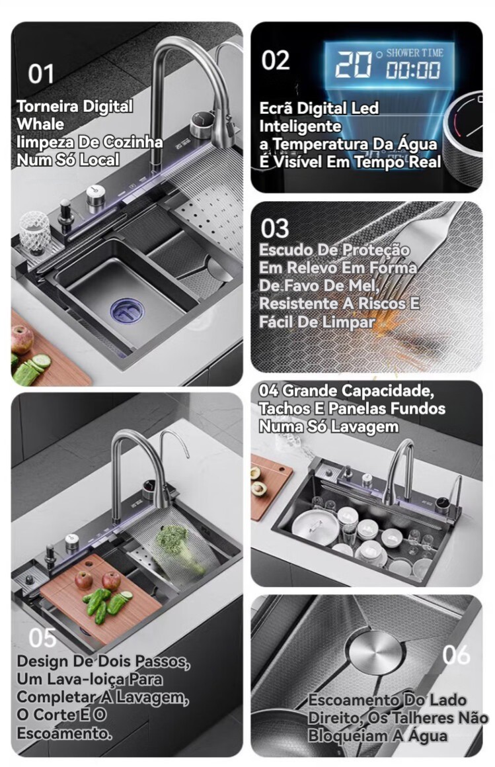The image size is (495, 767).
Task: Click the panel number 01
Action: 41,74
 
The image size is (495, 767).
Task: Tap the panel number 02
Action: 276,60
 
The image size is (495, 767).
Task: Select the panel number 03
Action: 275,228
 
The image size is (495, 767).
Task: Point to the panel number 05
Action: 42,638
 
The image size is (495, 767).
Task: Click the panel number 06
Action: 456,654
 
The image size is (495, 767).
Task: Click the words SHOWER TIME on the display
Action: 415,53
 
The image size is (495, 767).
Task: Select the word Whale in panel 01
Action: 40,124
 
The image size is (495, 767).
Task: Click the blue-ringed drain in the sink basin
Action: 127,311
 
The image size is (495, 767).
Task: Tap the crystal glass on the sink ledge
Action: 34,232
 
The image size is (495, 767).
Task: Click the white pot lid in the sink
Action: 315,526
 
